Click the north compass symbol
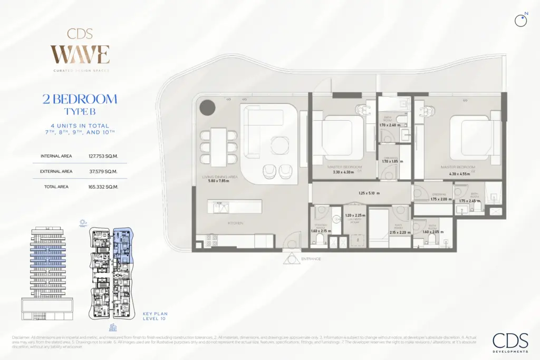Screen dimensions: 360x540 point(521,20)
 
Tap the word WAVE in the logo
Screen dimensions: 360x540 point(80,54)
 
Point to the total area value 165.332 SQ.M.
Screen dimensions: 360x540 point(103,187)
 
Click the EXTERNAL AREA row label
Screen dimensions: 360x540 point(56,171)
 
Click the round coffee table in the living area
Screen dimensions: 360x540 point(279,144)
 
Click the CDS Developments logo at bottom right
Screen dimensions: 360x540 point(509,342)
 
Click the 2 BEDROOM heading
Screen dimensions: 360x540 point(80,99)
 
